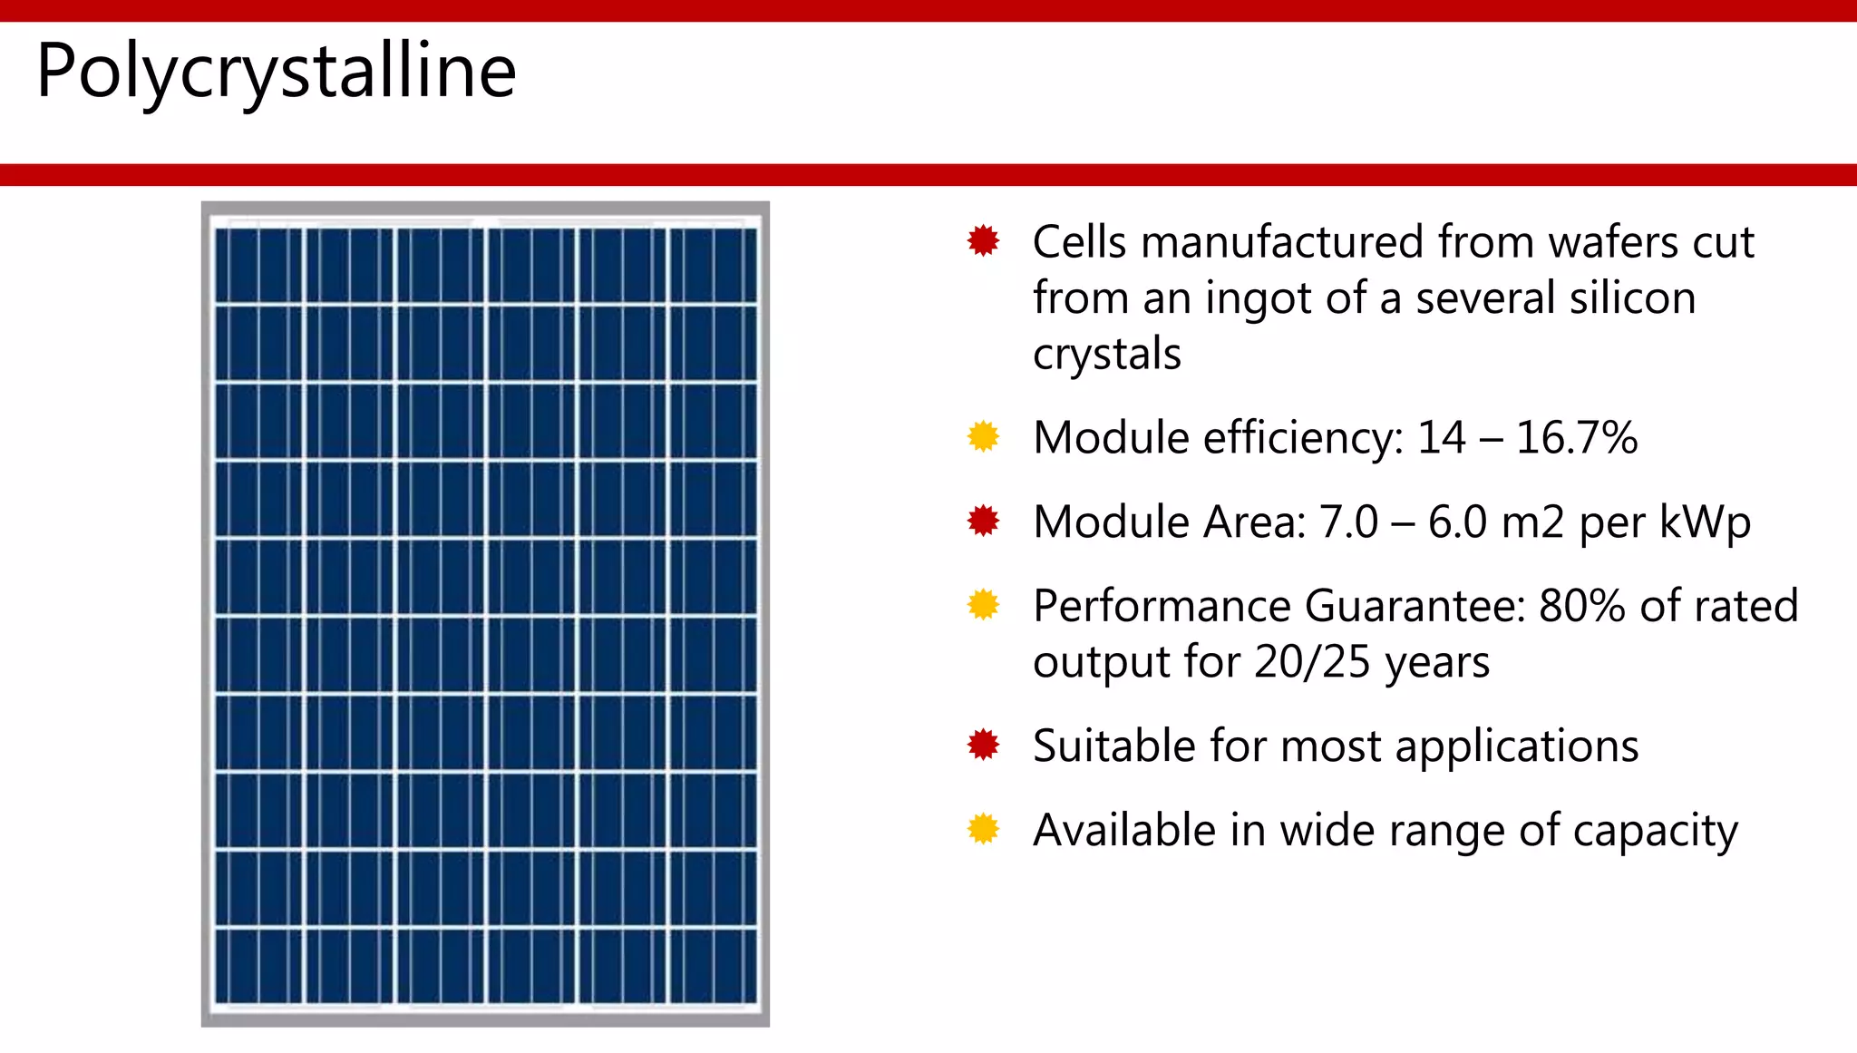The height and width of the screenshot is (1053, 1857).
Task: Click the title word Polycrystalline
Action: click(x=276, y=71)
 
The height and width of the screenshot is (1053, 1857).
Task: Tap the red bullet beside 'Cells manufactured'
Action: click(x=983, y=241)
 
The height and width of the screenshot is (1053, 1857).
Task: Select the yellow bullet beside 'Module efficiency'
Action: click(x=983, y=436)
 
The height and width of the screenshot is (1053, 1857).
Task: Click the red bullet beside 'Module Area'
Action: click(x=983, y=521)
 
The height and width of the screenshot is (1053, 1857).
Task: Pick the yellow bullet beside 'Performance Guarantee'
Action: click(x=983, y=604)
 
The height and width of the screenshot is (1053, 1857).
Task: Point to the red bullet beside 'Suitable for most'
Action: click(x=983, y=745)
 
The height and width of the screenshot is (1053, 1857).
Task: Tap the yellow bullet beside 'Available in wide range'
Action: click(x=983, y=829)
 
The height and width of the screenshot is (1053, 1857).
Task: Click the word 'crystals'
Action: click(x=1106, y=354)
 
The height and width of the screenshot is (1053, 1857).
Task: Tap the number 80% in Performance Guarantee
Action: click(x=1581, y=606)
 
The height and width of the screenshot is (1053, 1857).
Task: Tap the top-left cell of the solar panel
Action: click(x=258, y=265)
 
